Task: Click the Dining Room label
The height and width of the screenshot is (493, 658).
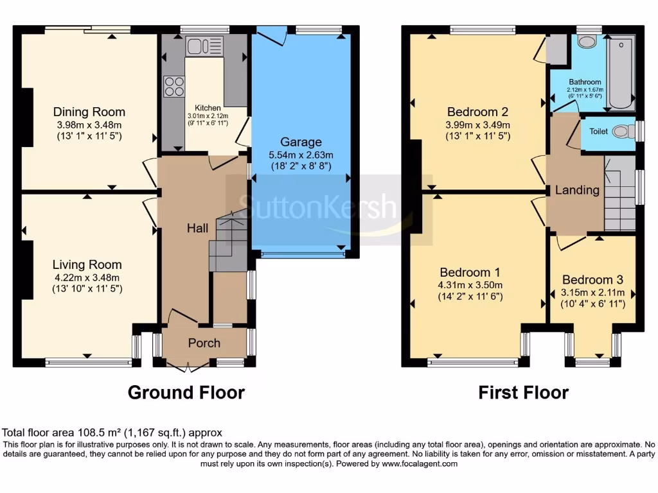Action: pyautogui.click(x=89, y=112)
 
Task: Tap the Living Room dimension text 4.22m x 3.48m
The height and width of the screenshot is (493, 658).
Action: pyautogui.click(x=87, y=277)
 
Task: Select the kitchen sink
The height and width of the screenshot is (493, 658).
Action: pyautogui.click(x=204, y=46)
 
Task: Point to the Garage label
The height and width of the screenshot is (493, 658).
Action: pyautogui.click(x=301, y=142)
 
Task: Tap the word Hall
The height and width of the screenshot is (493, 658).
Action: pyautogui.click(x=196, y=228)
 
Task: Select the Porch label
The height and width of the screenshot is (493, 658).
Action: pyautogui.click(x=204, y=343)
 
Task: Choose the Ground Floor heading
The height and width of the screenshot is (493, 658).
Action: pyautogui.click(x=186, y=392)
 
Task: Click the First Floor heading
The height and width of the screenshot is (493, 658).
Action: pyautogui.click(x=523, y=392)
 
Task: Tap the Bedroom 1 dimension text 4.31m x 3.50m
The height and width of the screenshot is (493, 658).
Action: pyautogui.click(x=470, y=285)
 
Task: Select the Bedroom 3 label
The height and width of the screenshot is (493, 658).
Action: pyautogui.click(x=592, y=280)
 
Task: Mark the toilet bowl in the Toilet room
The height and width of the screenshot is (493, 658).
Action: pyautogui.click(x=620, y=132)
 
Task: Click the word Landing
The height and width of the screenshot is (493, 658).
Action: pyautogui.click(x=577, y=190)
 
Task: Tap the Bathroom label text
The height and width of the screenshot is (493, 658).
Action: pyautogui.click(x=585, y=82)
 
